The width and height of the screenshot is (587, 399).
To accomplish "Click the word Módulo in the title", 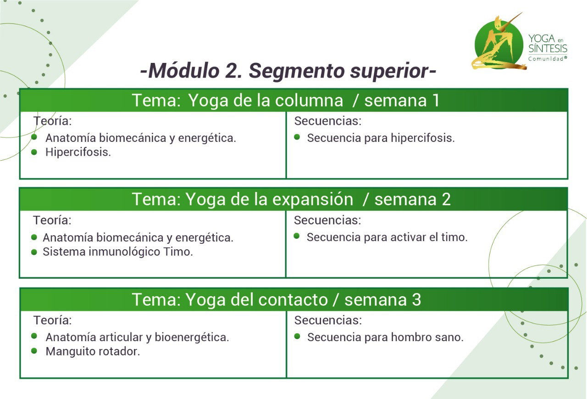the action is (x=184, y=71).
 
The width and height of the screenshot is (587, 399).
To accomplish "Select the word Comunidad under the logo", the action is (x=546, y=59).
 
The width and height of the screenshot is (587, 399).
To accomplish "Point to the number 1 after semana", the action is (x=436, y=100).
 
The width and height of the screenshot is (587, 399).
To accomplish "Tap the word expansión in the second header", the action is (x=313, y=200).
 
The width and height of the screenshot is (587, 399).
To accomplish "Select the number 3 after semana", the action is (x=416, y=299).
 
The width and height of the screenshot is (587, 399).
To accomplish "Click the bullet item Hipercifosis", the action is (x=78, y=152).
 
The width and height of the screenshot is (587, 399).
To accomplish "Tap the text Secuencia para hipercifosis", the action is (x=381, y=138).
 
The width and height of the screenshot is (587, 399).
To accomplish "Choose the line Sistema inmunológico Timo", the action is (x=118, y=252).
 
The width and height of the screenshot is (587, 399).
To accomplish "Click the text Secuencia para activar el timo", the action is (x=387, y=237).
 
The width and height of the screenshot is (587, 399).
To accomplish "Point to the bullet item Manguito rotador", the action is (x=93, y=352).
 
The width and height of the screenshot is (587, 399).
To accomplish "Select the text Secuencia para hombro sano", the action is (x=385, y=337).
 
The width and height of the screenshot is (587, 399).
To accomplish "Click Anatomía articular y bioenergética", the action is (x=137, y=337).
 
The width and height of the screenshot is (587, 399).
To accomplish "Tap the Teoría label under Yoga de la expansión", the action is (x=52, y=220).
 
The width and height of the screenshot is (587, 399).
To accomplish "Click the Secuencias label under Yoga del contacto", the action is (x=328, y=320).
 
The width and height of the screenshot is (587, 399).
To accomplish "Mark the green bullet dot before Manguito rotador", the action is (x=34, y=351).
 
